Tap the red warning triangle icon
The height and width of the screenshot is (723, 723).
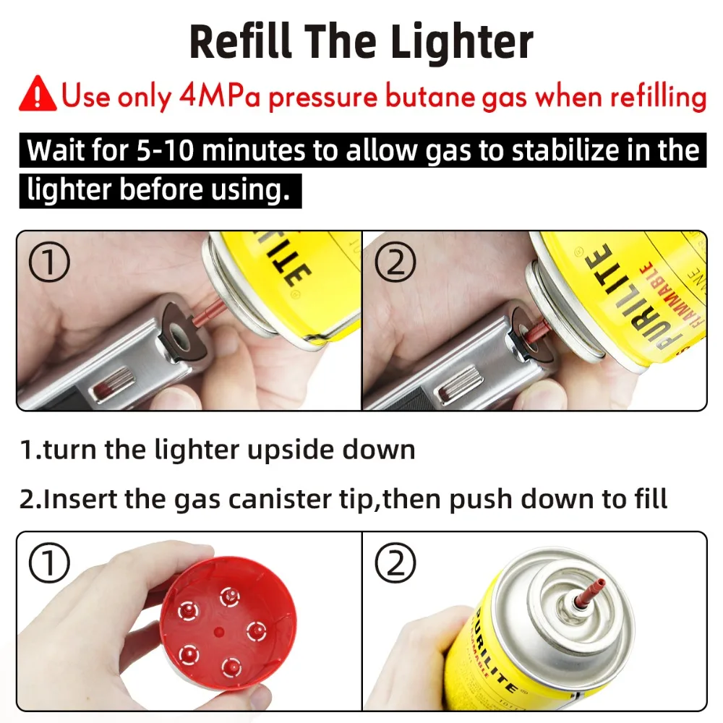point(38,95)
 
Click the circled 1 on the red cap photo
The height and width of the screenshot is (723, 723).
point(49,565)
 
